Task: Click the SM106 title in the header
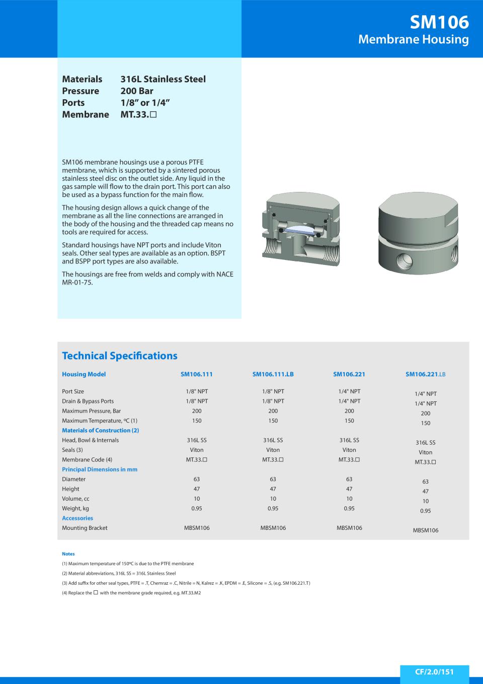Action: (x=439, y=22)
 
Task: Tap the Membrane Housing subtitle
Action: (x=413, y=39)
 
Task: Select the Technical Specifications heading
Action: (x=120, y=356)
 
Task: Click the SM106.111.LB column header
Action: (x=273, y=374)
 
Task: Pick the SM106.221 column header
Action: (x=349, y=374)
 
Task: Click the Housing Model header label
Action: (x=84, y=374)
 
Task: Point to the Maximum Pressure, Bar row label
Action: (x=91, y=411)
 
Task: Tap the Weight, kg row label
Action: (x=75, y=508)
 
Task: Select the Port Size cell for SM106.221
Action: (x=349, y=391)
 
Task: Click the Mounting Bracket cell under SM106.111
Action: (x=197, y=528)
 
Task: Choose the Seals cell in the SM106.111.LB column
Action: (x=273, y=450)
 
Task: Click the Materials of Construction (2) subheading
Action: (x=100, y=430)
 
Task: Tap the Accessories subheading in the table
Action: (x=77, y=518)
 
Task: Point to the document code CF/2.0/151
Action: (x=434, y=671)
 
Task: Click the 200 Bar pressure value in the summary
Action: (x=137, y=91)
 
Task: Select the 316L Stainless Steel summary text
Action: (x=163, y=79)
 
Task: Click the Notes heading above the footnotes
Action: (x=68, y=554)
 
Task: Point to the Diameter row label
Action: (x=74, y=479)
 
